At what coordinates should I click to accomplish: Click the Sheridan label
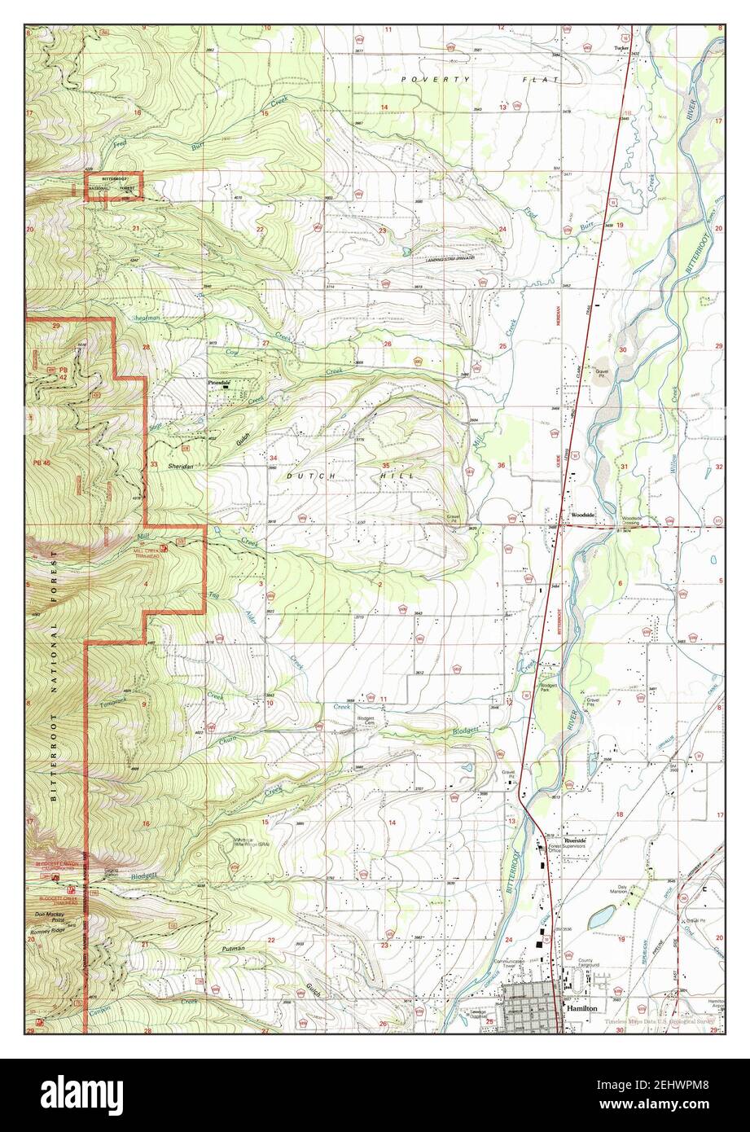pyautogui.click(x=182, y=466)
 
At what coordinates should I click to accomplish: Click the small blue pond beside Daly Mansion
pyautogui.click(x=601, y=917)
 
